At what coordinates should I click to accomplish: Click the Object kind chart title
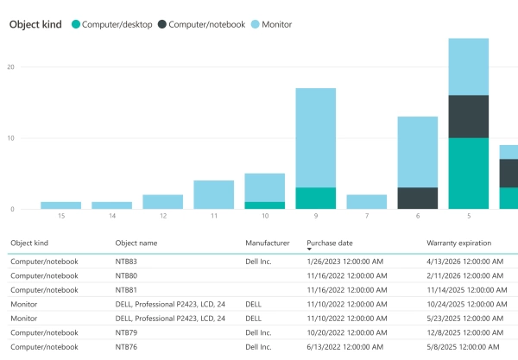coord(35,24)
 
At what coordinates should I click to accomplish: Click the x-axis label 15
coord(60,215)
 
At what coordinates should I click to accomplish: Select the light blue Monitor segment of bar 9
coord(315,138)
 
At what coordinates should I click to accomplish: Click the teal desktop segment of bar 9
coord(315,198)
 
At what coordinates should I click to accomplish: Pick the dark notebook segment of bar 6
coord(417,198)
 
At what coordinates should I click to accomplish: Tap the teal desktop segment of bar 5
coord(468,173)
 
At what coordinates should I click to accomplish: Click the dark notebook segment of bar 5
coord(468,117)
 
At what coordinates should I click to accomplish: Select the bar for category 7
coord(366,201)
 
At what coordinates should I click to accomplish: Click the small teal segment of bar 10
coord(264,205)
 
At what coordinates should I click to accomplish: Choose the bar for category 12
coord(162,201)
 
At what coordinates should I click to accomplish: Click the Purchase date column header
coord(330,243)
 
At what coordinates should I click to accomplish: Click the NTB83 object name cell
coord(126,261)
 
